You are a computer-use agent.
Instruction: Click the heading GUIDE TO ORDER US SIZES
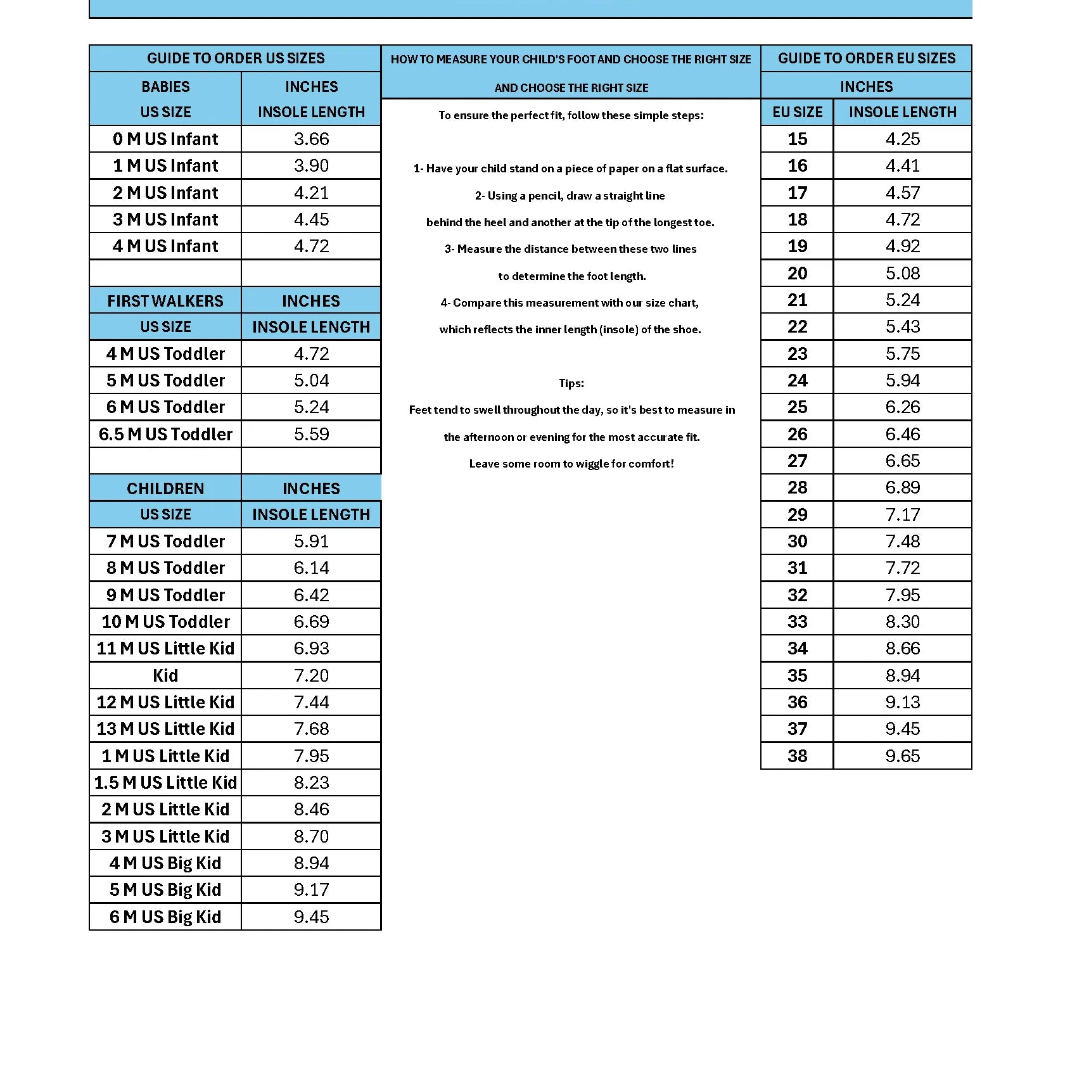click(x=236, y=58)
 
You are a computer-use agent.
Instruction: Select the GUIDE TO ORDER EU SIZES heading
click(x=866, y=58)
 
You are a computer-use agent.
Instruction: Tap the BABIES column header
click(x=165, y=87)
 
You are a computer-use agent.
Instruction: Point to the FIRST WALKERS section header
click(x=165, y=301)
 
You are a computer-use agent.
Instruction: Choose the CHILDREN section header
click(x=165, y=488)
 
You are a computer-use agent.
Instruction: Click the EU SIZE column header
click(x=797, y=112)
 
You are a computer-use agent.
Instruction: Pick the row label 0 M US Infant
click(x=165, y=139)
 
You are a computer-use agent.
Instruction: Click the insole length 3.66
click(x=311, y=139)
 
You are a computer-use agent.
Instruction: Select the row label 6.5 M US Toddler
click(x=165, y=434)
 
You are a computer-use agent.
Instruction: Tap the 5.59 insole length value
click(x=311, y=434)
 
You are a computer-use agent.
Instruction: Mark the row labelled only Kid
click(x=165, y=675)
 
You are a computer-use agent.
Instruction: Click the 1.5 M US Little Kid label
click(x=165, y=782)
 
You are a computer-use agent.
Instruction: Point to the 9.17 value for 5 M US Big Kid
click(x=311, y=889)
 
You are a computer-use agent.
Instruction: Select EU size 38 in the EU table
click(x=797, y=756)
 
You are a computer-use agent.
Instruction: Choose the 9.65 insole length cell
click(x=902, y=756)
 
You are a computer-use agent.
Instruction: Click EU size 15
click(x=797, y=139)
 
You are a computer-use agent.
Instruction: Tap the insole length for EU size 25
click(x=902, y=407)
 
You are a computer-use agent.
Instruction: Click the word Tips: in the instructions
click(x=571, y=383)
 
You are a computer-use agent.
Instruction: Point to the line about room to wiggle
click(x=571, y=464)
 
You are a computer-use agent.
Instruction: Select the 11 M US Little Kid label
click(x=165, y=648)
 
